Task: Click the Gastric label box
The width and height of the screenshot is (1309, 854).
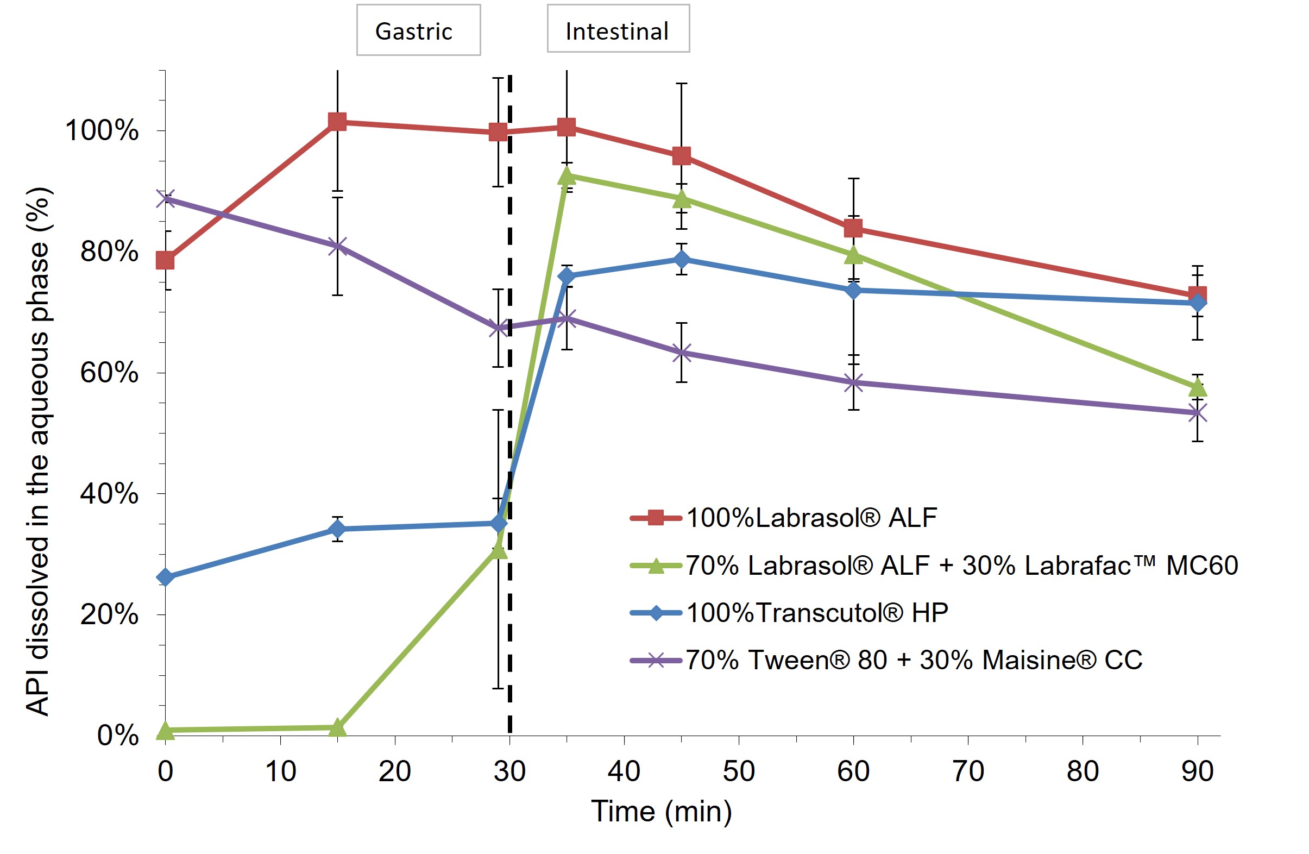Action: coord(418,30)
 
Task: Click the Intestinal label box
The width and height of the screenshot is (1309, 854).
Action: coord(618,29)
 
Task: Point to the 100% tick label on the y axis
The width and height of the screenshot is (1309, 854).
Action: coord(102,130)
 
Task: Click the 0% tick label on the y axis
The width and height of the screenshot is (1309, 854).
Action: coord(118,735)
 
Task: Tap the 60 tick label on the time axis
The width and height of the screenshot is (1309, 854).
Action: coord(853,771)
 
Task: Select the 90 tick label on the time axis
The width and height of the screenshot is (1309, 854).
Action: coord(1197,771)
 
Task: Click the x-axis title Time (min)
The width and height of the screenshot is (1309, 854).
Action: coord(661,811)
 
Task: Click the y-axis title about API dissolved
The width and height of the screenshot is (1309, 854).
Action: coord(39,451)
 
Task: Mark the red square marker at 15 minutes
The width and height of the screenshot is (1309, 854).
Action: coord(337,122)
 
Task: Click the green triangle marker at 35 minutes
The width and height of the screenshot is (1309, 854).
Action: coord(567,176)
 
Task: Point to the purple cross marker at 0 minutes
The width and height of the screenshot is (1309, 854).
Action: coord(165,198)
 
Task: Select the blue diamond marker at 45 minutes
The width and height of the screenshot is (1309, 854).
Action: coord(682,259)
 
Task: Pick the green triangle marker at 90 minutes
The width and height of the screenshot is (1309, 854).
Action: coord(1197,388)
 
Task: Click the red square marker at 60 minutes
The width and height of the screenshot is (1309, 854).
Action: coord(853,228)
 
